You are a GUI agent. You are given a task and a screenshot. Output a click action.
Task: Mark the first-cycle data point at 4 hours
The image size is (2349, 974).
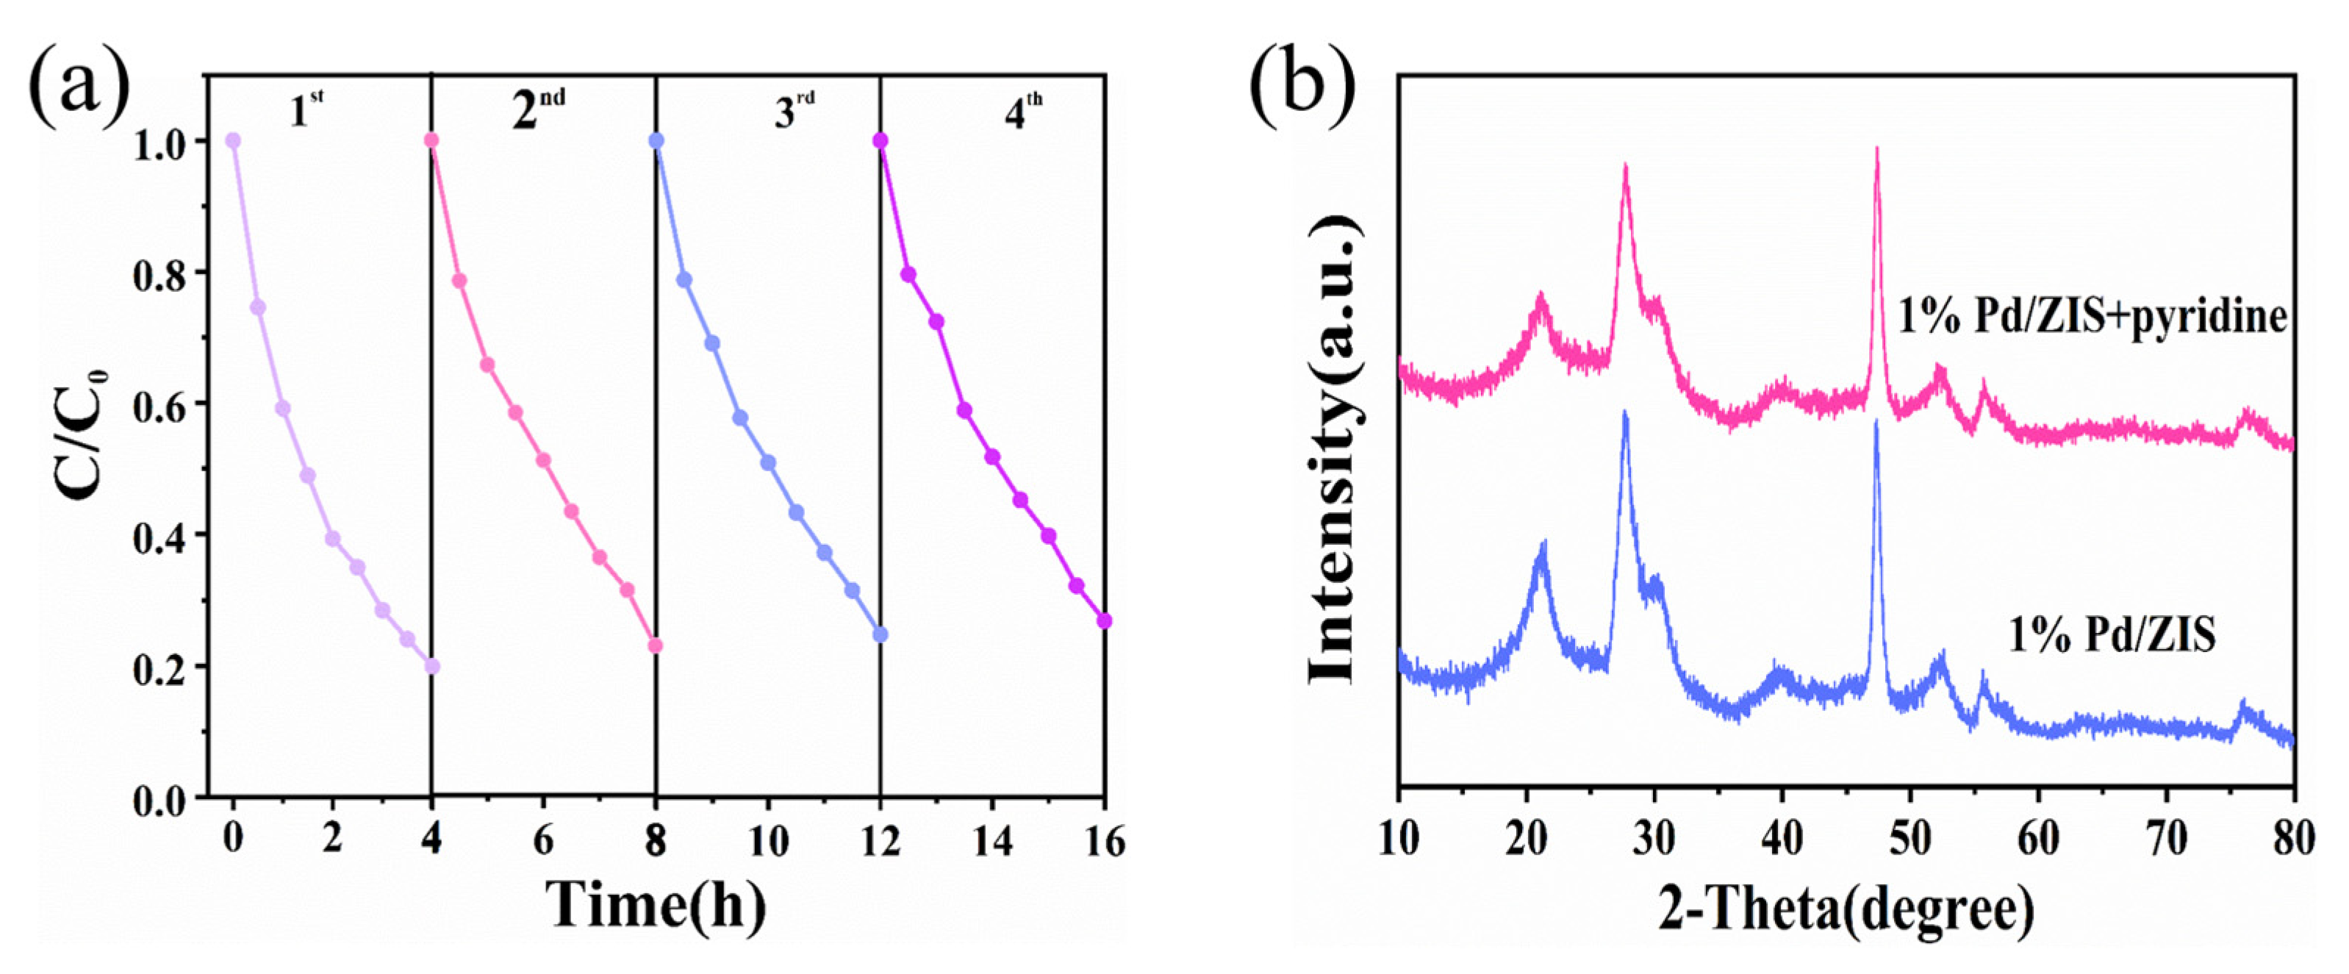(431, 667)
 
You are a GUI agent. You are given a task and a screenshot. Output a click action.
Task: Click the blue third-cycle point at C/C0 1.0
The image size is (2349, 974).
(656, 140)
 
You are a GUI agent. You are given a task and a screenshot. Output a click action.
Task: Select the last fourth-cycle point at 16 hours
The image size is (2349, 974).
(1104, 621)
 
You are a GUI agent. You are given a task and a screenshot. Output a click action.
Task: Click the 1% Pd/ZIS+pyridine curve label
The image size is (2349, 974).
(2092, 317)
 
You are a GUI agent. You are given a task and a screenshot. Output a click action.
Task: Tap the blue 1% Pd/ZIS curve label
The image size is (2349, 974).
(2111, 634)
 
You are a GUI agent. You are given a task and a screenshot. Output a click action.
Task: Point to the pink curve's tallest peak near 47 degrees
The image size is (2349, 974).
(1876, 151)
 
